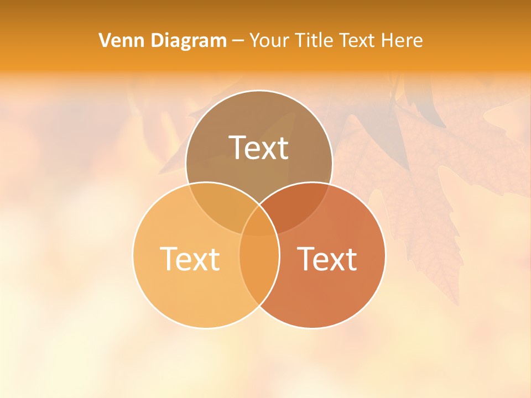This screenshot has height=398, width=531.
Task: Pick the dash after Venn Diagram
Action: [x=238, y=41]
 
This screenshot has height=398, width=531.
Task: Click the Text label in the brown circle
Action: [x=259, y=148]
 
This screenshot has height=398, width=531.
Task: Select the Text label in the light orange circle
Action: [x=190, y=259]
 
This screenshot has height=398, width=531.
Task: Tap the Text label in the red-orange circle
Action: [x=327, y=259]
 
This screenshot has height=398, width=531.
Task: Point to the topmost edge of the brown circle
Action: [x=259, y=91]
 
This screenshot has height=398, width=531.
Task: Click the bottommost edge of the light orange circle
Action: [x=206, y=328]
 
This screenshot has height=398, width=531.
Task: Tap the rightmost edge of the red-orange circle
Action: [x=386, y=255]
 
